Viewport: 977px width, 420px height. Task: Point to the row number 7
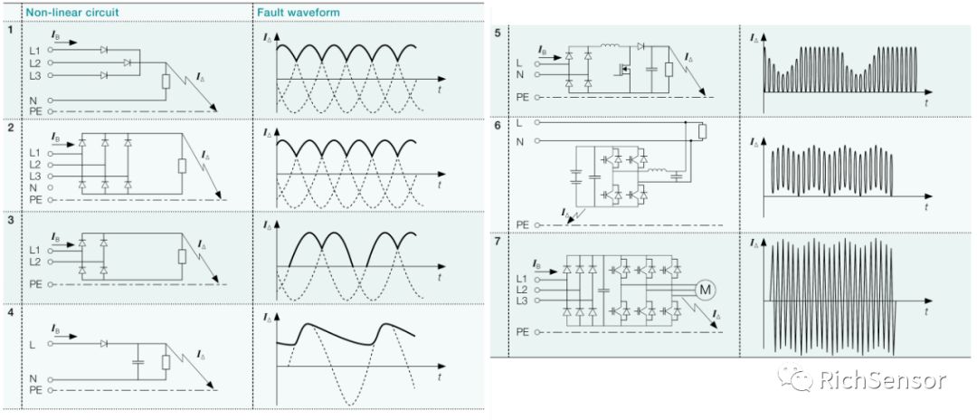pos(498,243)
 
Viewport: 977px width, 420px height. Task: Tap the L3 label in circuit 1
pos(35,75)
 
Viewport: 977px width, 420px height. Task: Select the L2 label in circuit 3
pos(35,261)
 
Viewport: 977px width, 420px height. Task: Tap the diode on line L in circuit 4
pos(105,344)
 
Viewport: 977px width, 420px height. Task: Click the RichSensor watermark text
pos(882,380)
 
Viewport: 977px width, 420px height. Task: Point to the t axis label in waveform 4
pos(439,374)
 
